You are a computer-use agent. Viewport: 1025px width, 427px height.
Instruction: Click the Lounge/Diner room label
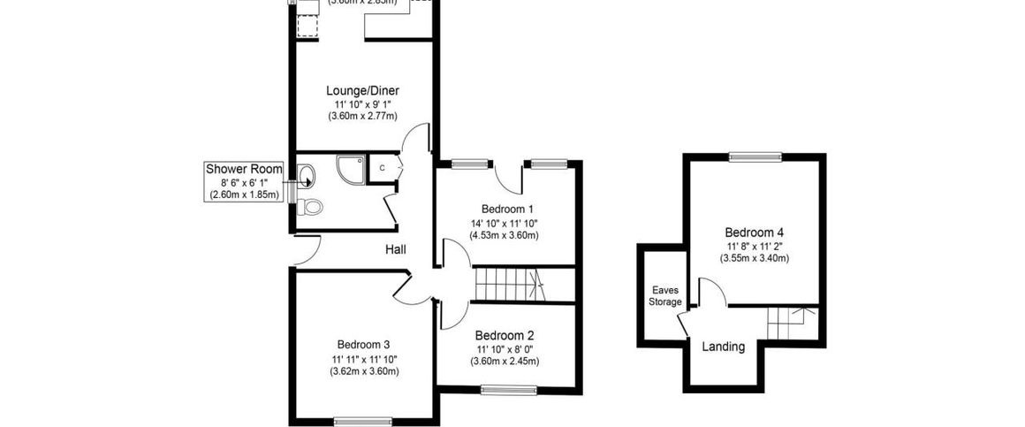coord(362,90)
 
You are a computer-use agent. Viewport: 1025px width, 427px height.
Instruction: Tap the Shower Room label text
coord(244,169)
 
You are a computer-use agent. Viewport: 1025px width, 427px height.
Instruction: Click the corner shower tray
coord(349,170)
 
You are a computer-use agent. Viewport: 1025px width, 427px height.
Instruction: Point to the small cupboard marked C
coord(383,168)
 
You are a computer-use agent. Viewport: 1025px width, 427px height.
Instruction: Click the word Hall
coord(395,250)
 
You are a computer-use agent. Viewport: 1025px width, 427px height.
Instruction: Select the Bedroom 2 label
coord(505,335)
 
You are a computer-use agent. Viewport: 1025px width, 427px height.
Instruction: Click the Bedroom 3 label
coord(363,345)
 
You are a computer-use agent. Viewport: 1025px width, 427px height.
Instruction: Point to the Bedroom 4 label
coord(755,233)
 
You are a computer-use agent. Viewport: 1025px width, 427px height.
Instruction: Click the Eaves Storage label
coord(666,295)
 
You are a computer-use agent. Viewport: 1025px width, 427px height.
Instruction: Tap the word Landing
coord(723,347)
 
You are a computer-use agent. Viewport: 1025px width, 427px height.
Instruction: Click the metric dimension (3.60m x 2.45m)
coord(505,361)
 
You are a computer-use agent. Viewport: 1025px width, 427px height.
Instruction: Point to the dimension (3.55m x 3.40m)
coord(755,258)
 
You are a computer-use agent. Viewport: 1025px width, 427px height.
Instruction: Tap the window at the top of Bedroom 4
coord(755,157)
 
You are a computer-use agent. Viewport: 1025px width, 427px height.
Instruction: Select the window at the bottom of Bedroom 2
coord(505,388)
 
